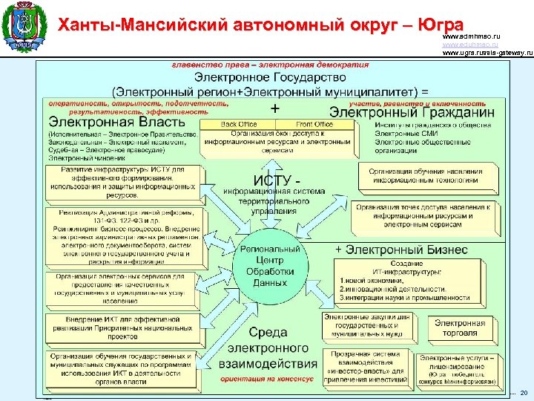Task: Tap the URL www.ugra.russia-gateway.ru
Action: (x=487, y=53)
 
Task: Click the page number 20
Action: (x=524, y=392)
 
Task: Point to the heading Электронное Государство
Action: (x=269, y=76)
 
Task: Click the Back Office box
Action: (x=239, y=125)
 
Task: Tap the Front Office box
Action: (x=314, y=125)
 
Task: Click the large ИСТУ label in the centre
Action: (x=278, y=180)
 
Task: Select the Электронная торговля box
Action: (x=460, y=327)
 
